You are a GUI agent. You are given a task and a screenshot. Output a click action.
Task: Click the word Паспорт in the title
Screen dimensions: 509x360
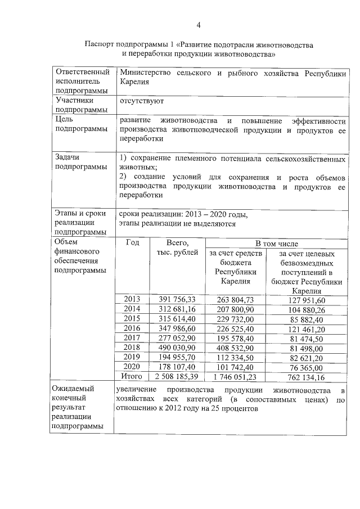[x=100, y=44]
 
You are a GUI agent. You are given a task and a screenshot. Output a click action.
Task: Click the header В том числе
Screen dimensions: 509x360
[x=276, y=243]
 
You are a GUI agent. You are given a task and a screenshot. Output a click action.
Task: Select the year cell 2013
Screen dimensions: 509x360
[x=132, y=299]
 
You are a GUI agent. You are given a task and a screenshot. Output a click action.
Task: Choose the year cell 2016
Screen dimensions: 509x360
[x=132, y=328]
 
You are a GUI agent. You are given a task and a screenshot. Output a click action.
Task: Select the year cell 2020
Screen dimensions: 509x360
[x=132, y=367]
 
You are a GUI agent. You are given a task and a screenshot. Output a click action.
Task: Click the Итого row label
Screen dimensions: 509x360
[x=132, y=376]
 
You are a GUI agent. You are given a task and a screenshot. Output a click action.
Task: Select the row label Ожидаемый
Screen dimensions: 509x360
[x=73, y=389]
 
